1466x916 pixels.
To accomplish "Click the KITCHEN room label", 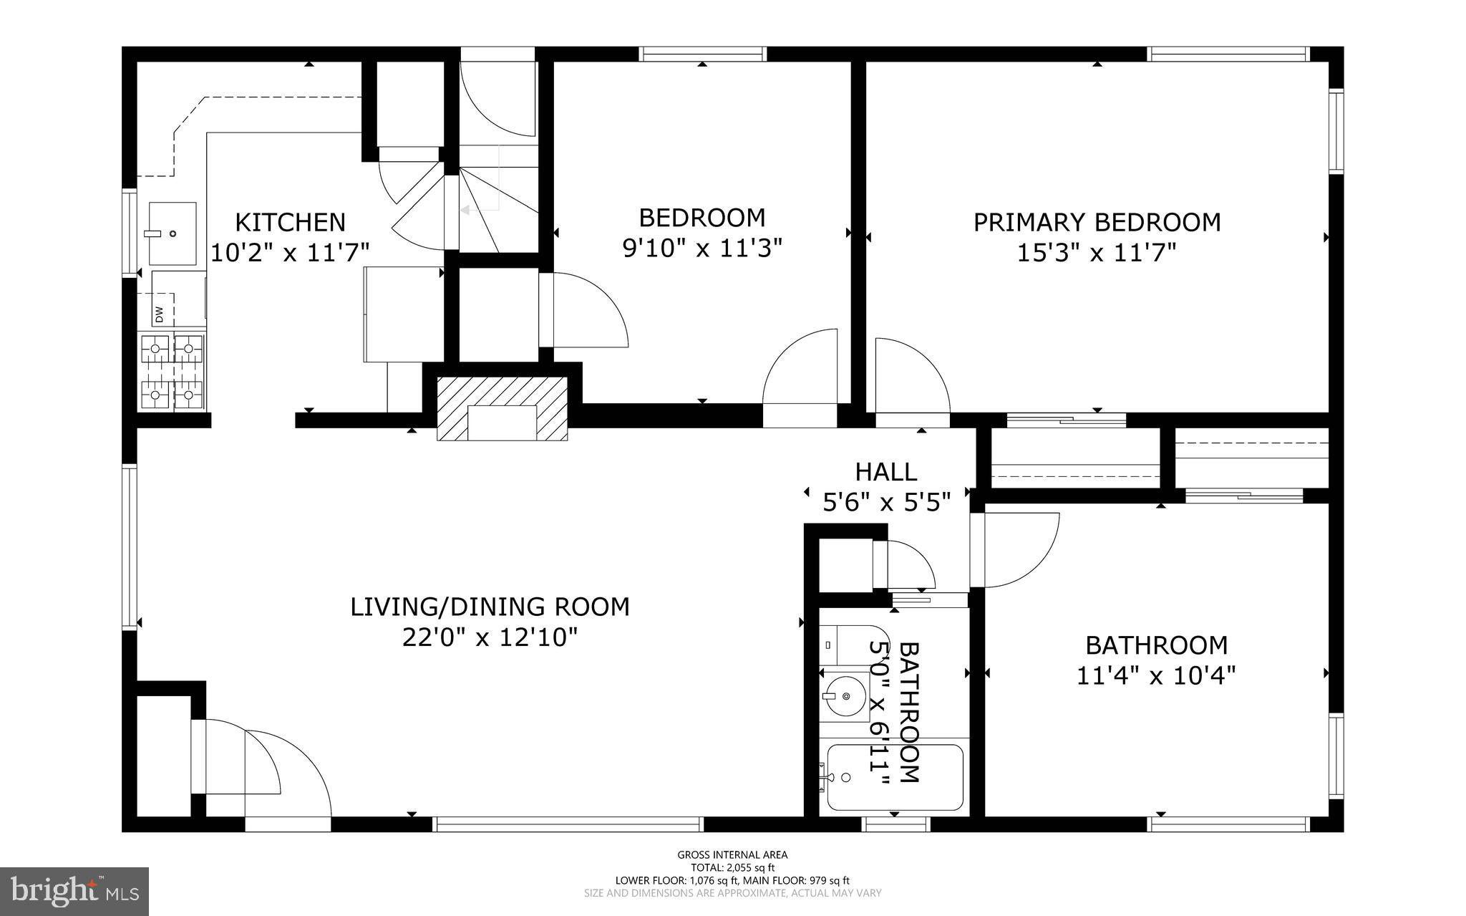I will tap(290, 222).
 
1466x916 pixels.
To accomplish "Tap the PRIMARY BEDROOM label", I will tap(1097, 222).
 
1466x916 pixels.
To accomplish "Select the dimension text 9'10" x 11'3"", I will tap(702, 249).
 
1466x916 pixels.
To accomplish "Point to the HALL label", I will tap(885, 472).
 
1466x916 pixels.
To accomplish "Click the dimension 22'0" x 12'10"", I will tap(490, 637).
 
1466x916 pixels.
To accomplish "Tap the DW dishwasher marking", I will tap(159, 314).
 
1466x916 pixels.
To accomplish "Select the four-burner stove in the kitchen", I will tap(172, 372).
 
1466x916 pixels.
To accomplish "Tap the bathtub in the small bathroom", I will tap(894, 778).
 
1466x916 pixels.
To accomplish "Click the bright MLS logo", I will tap(74, 890).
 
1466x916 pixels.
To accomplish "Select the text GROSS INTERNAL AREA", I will tap(732, 854).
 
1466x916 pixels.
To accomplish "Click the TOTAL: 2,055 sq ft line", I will tap(732, 867).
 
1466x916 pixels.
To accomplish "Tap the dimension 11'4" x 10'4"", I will tap(1156, 675).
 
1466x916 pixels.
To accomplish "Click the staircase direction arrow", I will tap(465, 210).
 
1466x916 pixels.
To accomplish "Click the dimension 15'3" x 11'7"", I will tap(1097, 253).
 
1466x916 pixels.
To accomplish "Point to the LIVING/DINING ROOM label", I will tap(490, 607).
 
